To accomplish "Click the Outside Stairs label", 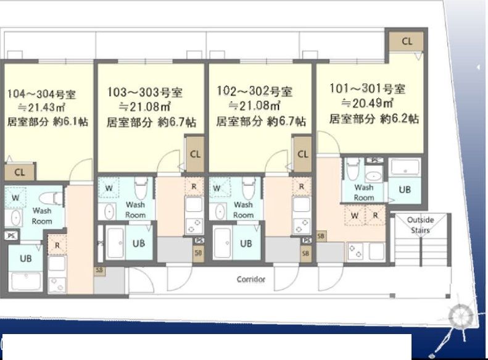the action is [x=420, y=225].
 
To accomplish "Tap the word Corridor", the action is [x=251, y=279].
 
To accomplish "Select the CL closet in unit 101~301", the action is [x=407, y=41].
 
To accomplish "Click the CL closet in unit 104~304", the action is [x=19, y=172].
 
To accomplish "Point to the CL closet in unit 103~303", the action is [x=195, y=154].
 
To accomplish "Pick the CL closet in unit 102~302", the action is [x=302, y=154].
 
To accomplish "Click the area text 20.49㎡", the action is [x=368, y=103].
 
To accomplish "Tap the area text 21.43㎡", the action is [x=41, y=107].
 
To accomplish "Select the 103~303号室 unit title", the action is [x=145, y=92].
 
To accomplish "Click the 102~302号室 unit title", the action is [x=255, y=91].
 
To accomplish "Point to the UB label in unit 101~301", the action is [x=405, y=190].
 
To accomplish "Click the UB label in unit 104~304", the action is [x=25, y=258].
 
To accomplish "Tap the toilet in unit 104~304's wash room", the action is [x=51, y=199].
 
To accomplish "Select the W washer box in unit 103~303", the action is [x=109, y=188].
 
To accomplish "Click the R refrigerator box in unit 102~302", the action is [x=301, y=186].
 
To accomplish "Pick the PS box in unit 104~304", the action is [x=12, y=235].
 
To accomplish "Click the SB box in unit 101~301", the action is [x=321, y=237].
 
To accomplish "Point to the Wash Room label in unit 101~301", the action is [x=363, y=193].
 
